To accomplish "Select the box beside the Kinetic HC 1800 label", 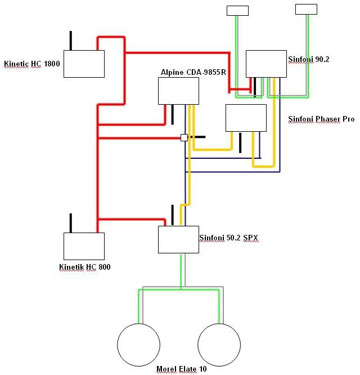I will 84,64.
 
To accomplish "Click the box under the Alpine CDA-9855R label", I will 178,91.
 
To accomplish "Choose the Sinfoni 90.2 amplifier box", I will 266,64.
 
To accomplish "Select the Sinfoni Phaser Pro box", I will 246,118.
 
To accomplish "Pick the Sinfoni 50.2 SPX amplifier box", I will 178,239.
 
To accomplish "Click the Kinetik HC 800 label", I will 84,267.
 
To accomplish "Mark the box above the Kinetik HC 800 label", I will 84,245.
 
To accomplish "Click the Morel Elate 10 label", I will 181,369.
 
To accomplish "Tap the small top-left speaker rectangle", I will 237,10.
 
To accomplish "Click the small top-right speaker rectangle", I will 306,9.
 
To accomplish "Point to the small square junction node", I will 184,137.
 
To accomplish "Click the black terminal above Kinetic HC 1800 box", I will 70,41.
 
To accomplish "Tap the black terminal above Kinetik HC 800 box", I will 70,222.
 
